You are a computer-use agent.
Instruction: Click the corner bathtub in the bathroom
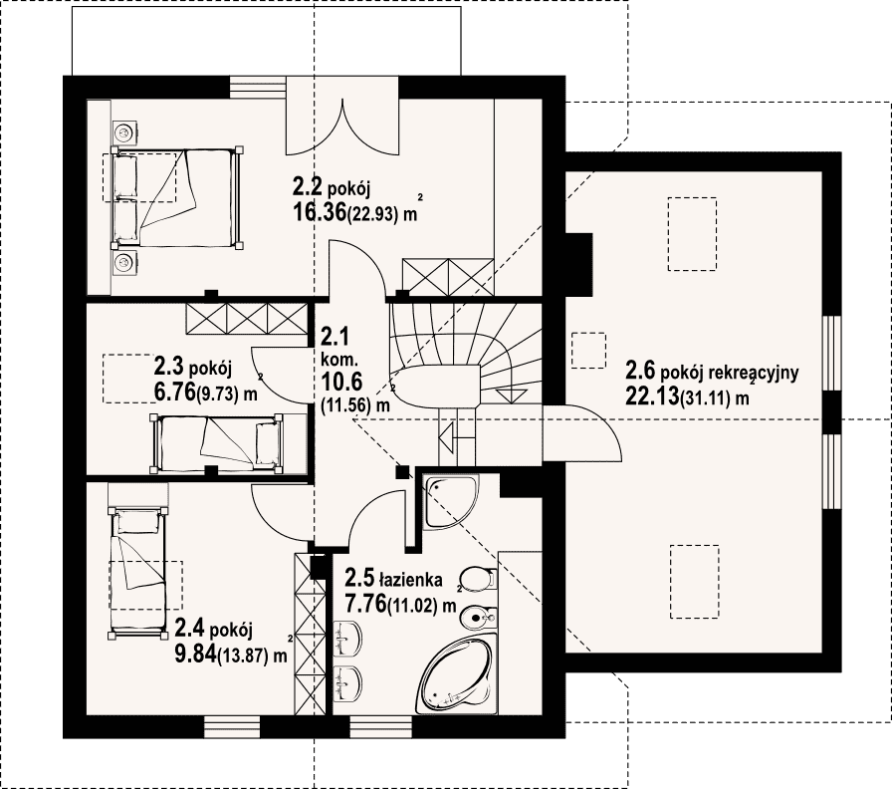455,677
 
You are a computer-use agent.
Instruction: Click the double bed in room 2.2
177,198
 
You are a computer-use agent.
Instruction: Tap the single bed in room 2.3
216,444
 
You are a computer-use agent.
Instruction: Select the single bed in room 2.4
137,572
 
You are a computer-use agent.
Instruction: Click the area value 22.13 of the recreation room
652,395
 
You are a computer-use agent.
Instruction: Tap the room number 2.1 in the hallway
334,337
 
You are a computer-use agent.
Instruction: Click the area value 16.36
320,212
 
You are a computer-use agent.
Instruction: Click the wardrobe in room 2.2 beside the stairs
448,277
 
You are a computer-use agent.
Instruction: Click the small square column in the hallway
403,471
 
